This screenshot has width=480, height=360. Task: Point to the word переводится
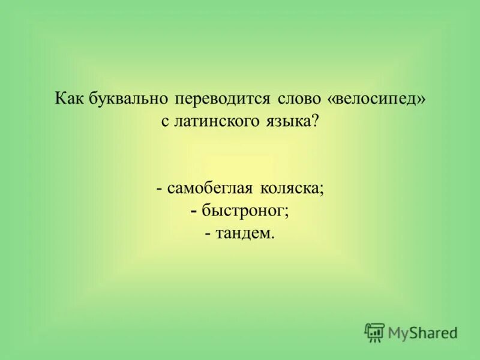[224, 98]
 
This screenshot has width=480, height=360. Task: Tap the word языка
[286, 120]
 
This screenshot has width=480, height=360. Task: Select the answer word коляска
[290, 188]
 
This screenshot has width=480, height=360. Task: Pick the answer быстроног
[245, 211]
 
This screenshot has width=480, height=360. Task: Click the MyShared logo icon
[374, 332]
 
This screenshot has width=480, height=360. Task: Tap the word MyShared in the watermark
[422, 332]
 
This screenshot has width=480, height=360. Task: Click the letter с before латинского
[165, 121]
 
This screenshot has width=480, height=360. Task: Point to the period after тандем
[273, 236]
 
